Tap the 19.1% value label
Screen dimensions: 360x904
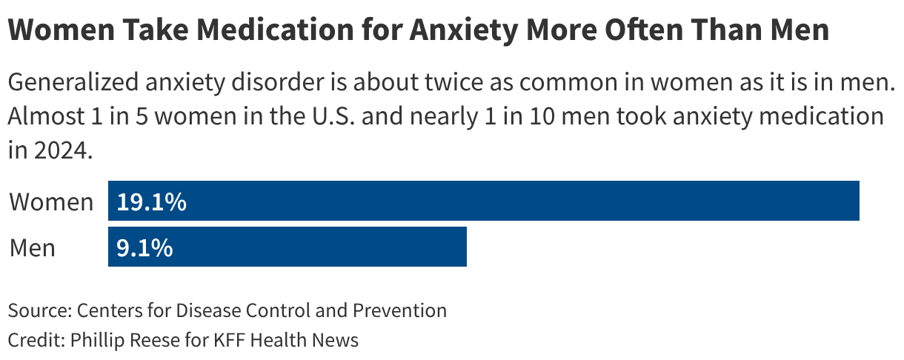[151, 202]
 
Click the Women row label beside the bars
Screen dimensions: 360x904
[51, 202]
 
